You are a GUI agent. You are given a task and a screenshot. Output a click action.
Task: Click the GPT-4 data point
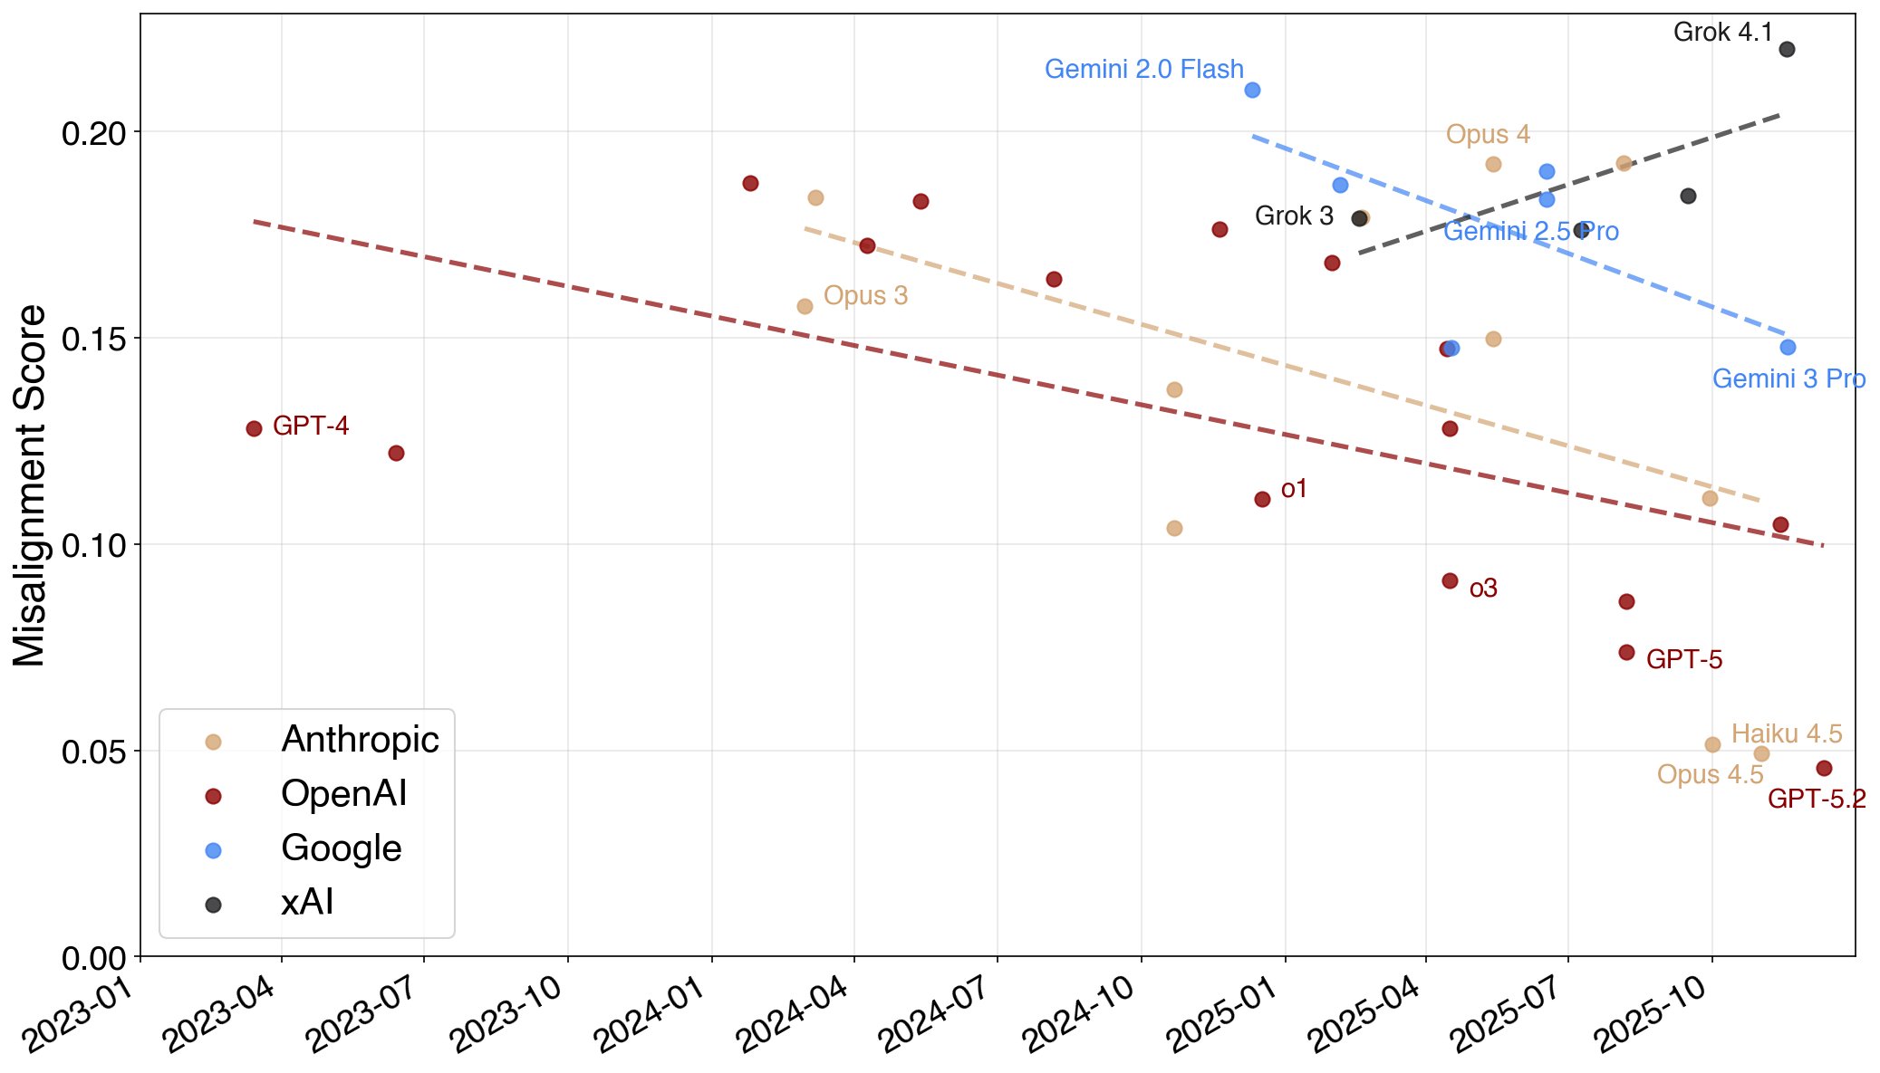[254, 428]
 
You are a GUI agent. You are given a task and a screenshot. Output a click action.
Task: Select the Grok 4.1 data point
[1787, 49]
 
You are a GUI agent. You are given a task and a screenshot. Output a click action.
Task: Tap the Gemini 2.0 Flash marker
[1252, 90]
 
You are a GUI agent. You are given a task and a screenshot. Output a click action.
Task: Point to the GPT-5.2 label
[1816, 799]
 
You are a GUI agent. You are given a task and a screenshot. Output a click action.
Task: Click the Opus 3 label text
[864, 296]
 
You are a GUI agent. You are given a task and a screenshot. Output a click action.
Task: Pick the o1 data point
[1262, 499]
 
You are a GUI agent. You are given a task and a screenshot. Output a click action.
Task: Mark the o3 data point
[1450, 580]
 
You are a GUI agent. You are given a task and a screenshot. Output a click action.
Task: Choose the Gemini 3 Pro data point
[1788, 347]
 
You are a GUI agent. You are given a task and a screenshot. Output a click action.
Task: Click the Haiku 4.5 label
[1786, 733]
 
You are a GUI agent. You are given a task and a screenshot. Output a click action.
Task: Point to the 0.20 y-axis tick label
[93, 133]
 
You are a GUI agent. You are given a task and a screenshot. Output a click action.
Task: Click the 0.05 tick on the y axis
[93, 752]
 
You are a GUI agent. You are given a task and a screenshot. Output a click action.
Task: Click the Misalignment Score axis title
[30, 485]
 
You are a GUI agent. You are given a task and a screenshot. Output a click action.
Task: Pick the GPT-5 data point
[1626, 652]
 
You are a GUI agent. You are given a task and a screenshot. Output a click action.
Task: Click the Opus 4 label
[1487, 135]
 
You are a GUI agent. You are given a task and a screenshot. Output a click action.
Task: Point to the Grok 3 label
[1293, 216]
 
